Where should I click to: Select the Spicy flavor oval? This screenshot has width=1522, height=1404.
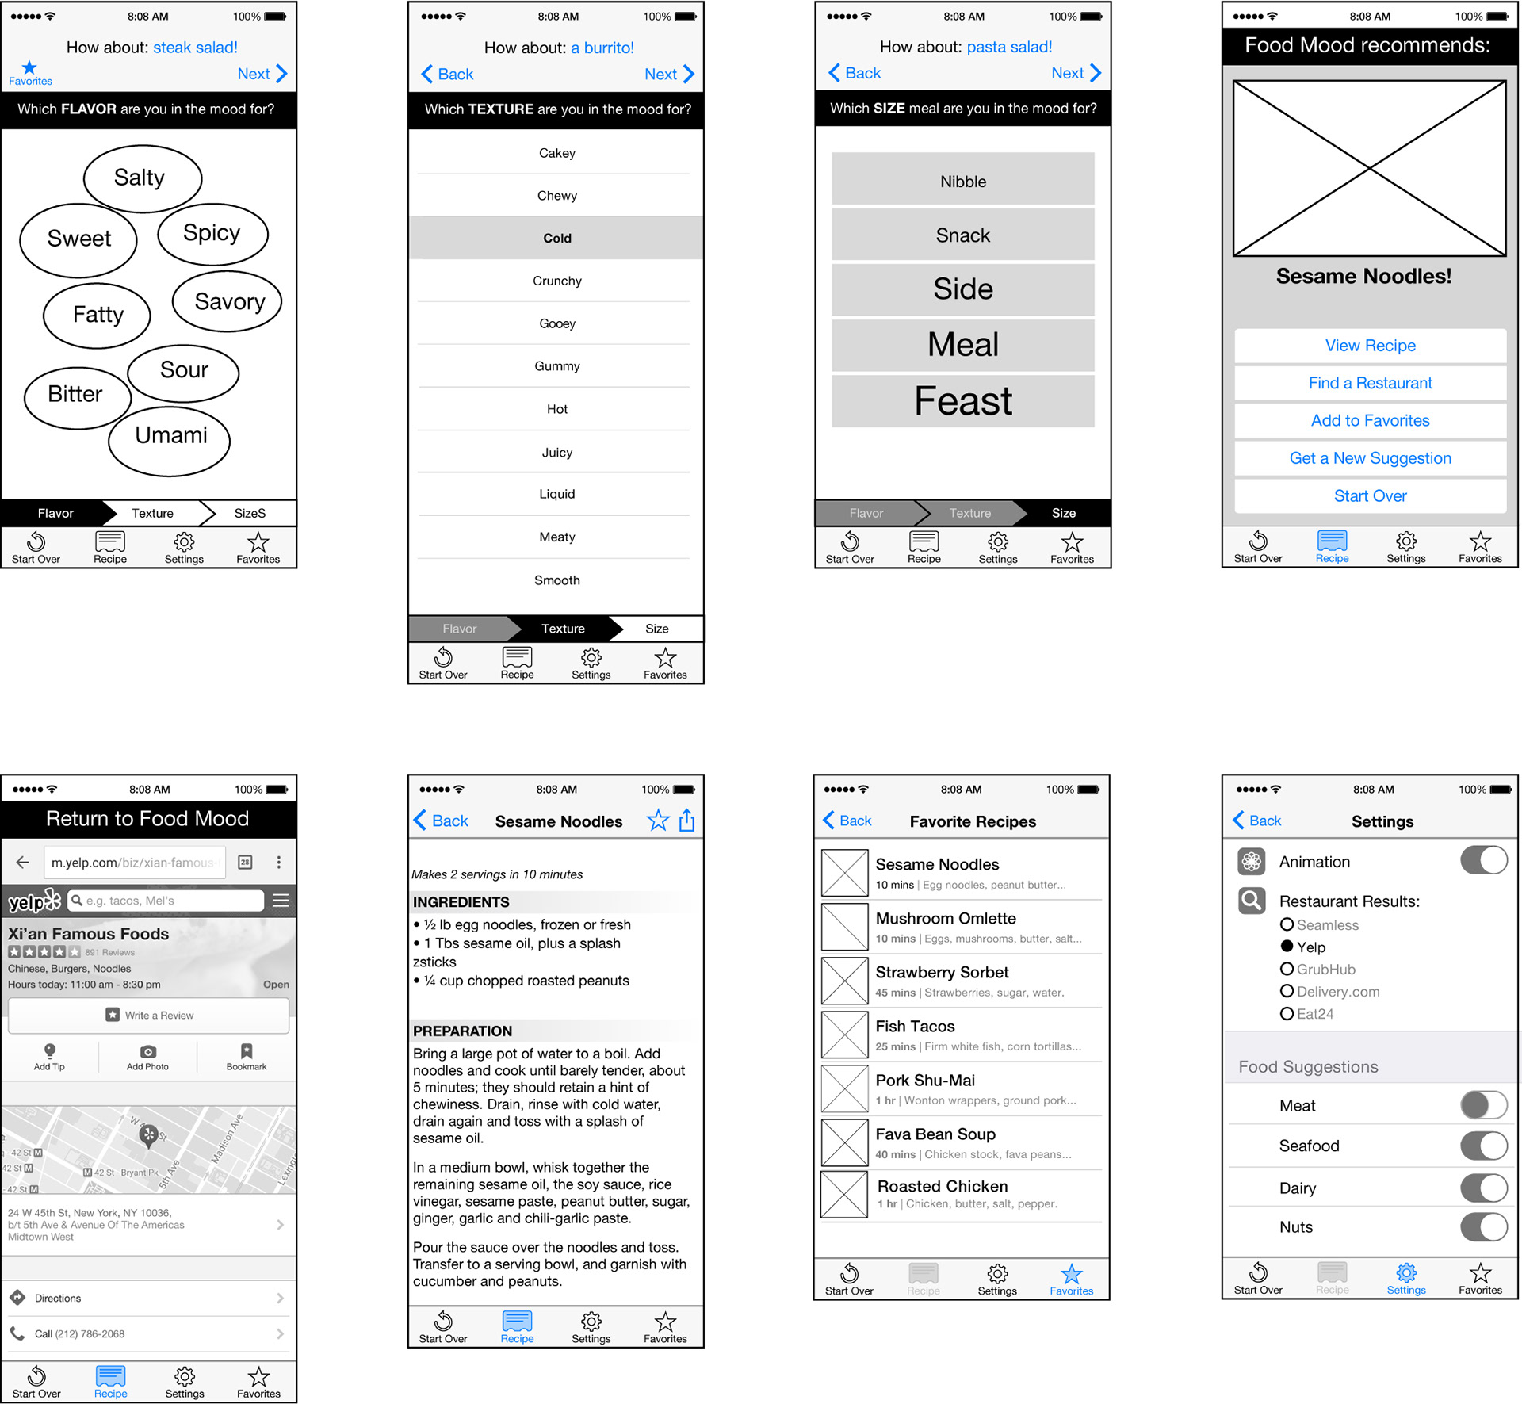[212, 234]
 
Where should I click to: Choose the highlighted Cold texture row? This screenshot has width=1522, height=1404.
[556, 238]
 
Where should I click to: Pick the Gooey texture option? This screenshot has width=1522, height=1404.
[556, 323]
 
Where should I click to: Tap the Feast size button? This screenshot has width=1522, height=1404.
[962, 401]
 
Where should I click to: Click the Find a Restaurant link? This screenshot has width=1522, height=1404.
[1370, 383]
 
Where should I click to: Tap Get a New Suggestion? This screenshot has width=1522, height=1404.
[1370, 458]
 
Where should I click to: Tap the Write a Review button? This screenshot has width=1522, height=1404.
[149, 1015]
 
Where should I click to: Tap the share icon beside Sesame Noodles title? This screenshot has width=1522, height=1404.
[686, 821]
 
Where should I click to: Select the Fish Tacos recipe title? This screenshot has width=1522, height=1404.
[915, 1026]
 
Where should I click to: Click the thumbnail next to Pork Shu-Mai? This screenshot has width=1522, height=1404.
[844, 1088]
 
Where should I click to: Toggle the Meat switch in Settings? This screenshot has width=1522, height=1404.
[1483, 1105]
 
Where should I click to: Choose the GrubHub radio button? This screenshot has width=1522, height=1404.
[1287, 969]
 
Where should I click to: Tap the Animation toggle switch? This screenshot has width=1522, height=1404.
[1483, 860]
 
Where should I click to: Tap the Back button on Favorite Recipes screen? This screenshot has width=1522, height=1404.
[847, 821]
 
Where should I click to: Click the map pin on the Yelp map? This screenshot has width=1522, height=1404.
[148, 1135]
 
